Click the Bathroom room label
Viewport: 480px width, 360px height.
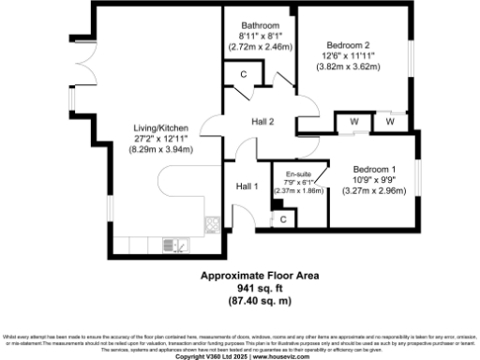(260, 25)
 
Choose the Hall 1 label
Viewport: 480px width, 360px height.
(247, 186)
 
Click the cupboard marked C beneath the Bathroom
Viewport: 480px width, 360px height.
(243, 73)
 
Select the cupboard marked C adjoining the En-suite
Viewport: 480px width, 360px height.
(283, 218)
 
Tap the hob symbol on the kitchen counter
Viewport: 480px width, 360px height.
(210, 224)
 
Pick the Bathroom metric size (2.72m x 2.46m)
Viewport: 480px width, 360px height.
(260, 46)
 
